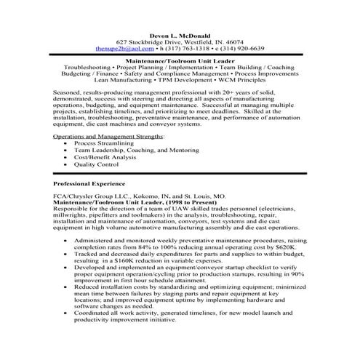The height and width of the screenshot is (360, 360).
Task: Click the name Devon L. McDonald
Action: [x=180, y=33]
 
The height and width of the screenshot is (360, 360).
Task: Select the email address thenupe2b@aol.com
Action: [x=121, y=48]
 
